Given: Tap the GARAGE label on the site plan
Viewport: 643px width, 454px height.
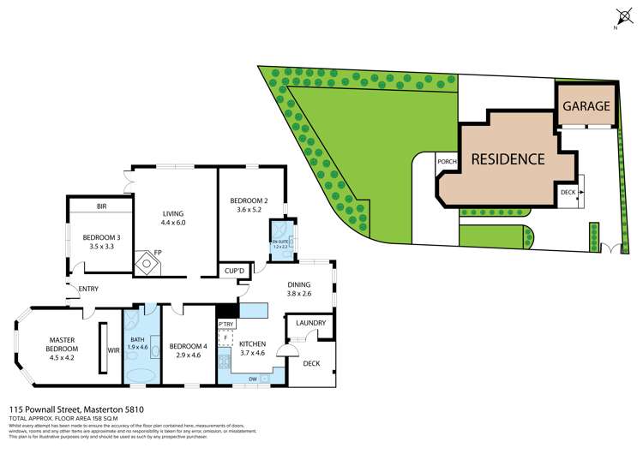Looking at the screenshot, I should pos(587,107).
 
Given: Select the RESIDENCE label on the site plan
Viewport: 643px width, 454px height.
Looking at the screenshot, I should pos(507,158).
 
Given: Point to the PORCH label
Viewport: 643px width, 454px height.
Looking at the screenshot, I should pos(446,161).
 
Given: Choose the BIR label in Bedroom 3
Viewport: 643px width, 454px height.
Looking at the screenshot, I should pos(101,207).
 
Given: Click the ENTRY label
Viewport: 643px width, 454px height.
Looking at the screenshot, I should pos(88,289).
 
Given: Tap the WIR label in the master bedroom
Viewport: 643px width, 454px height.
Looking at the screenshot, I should pos(113,349).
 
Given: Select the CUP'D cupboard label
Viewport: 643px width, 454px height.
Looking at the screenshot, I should pos(234,271).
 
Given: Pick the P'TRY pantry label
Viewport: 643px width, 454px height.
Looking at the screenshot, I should pos(226,324).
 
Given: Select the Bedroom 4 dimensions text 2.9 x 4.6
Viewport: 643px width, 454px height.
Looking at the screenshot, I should pos(188,355).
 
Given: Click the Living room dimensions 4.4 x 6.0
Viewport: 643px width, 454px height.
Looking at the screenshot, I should pos(173,223).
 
